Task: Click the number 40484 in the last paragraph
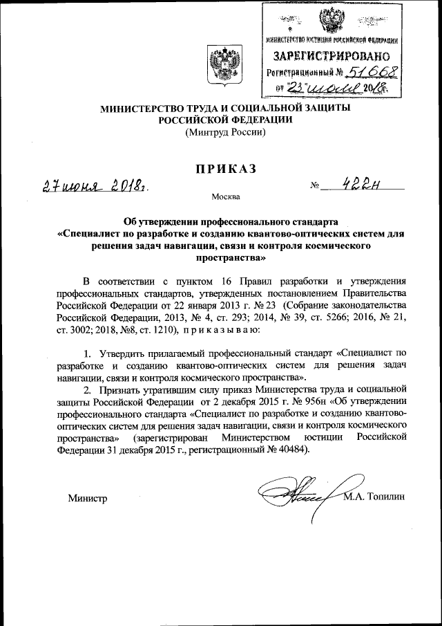292,450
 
